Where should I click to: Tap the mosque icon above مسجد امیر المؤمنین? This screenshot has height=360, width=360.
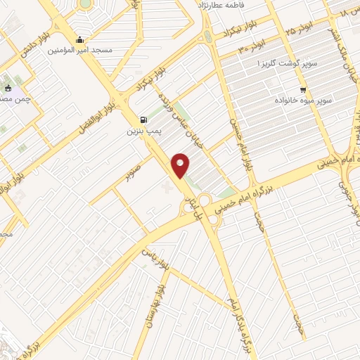[x=84, y=39]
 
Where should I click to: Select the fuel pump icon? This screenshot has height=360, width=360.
[x=144, y=120]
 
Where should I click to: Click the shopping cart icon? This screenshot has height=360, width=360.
[x=303, y=90]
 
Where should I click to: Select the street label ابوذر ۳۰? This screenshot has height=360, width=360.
[x=251, y=48]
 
